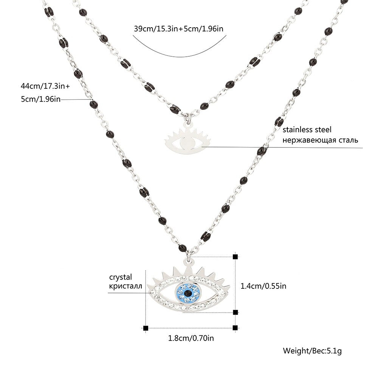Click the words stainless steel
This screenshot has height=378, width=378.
[x=307, y=130]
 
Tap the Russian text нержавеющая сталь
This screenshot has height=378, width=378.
[x=320, y=140]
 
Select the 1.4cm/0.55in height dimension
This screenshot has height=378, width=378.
[x=263, y=286]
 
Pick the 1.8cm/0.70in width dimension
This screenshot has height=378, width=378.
[x=191, y=338]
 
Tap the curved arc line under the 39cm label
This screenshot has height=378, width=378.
[x=180, y=47]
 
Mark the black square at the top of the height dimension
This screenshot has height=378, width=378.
[x=235, y=257]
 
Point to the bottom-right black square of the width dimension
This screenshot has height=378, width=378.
[x=235, y=328]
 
